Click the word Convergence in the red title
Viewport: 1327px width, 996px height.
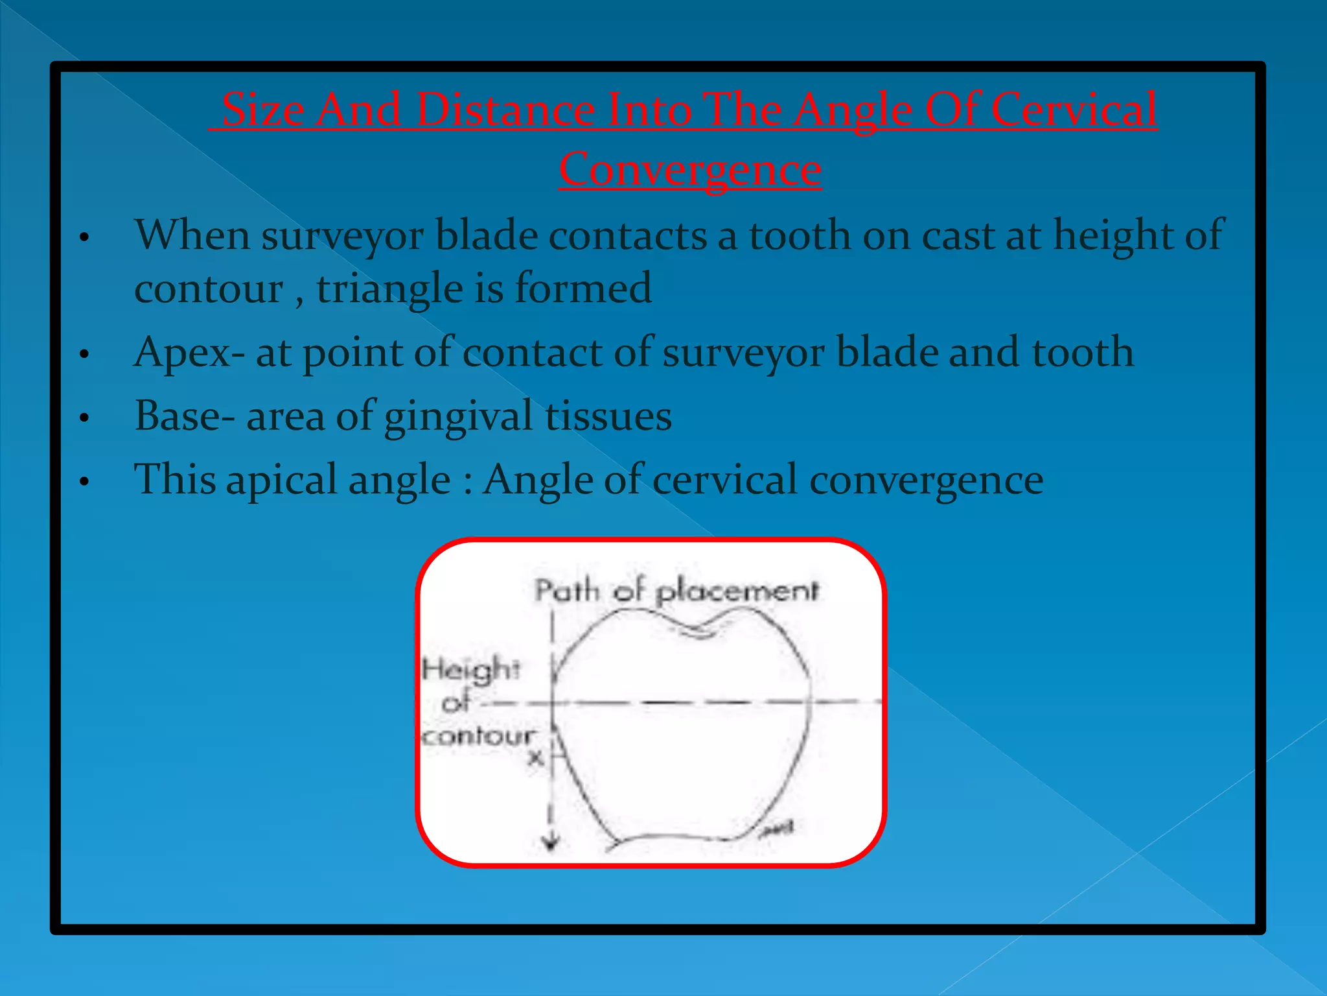(690, 170)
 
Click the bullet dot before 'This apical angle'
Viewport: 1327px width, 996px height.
(84, 482)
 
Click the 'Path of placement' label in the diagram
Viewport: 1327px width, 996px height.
(676, 591)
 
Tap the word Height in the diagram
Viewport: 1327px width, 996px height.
(470, 669)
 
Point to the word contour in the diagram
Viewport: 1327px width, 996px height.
(478, 736)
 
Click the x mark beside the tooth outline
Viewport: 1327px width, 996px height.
(535, 757)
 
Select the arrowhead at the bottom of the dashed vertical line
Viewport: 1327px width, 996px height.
(551, 843)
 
